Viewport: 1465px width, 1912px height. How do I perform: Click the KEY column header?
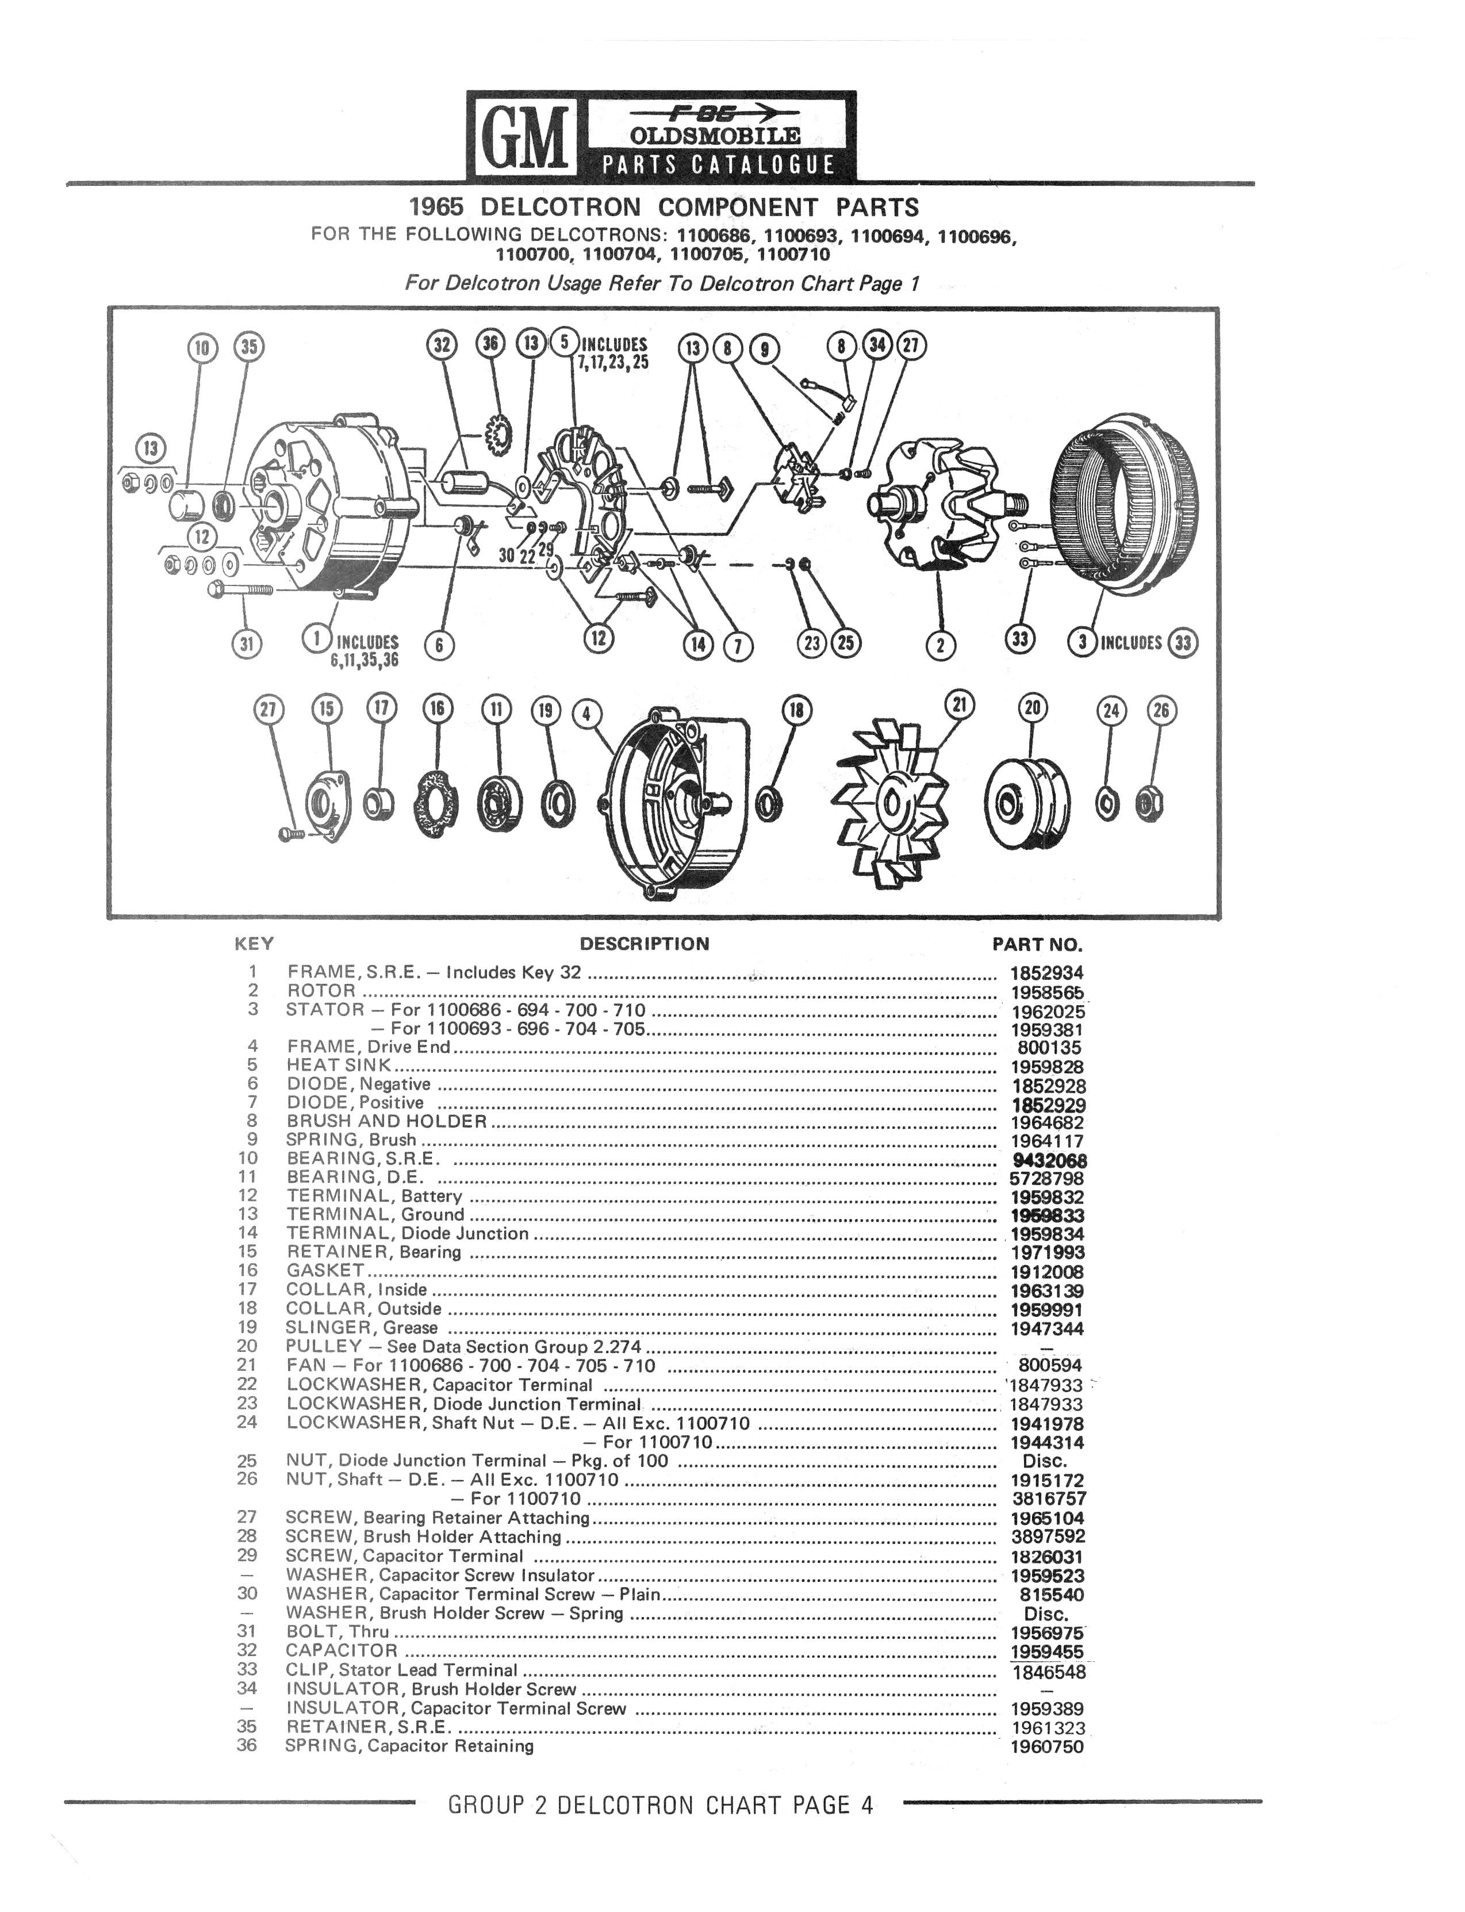[255, 943]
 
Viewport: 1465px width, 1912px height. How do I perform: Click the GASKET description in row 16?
[325, 1270]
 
